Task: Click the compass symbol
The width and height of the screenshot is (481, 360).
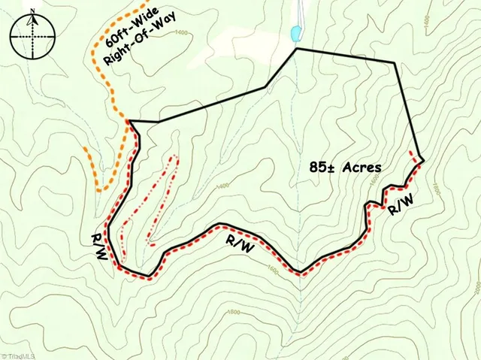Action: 31,36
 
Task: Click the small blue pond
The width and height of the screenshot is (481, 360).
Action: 295,33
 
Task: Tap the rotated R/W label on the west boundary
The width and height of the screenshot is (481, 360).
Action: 98,247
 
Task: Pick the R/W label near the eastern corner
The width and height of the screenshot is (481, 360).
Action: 400,204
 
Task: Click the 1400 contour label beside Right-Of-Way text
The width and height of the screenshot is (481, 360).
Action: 180,32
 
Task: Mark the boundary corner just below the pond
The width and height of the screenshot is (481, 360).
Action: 298,48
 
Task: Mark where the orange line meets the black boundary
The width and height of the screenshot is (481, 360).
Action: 130,120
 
